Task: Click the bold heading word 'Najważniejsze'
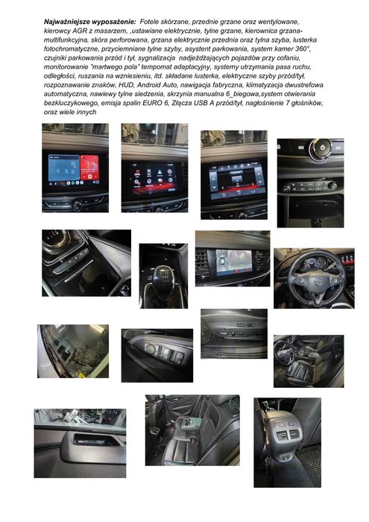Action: coord(69,24)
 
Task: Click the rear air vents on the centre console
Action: coord(287,436)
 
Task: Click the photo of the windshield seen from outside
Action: coord(72,350)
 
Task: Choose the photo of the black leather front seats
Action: coord(308,361)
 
